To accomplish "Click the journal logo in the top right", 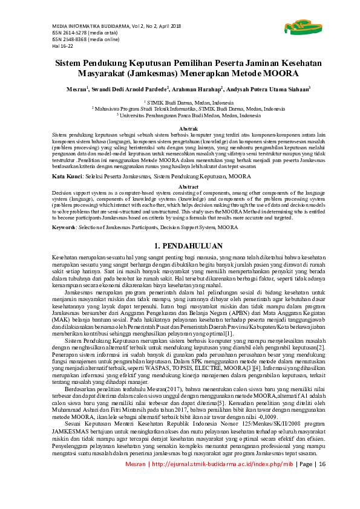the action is tap(297, 25).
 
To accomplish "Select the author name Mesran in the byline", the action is tap(76, 89).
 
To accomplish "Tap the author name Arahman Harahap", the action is tap(197, 89).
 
